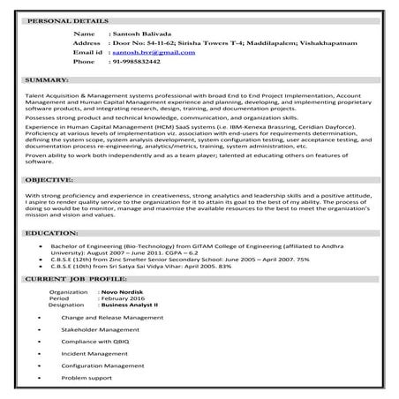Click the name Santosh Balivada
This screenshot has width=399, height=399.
pyautogui.click(x=140, y=32)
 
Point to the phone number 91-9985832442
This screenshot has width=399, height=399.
pyautogui.click(x=135, y=63)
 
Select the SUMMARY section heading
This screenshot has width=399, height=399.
pyautogui.click(x=43, y=80)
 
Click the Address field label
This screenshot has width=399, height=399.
pyautogui.click(x=87, y=42)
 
